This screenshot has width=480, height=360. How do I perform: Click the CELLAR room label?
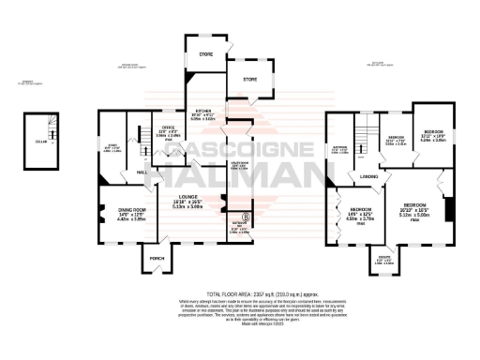(x=40, y=141)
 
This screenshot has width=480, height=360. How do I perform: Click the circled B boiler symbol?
(x=246, y=217)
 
